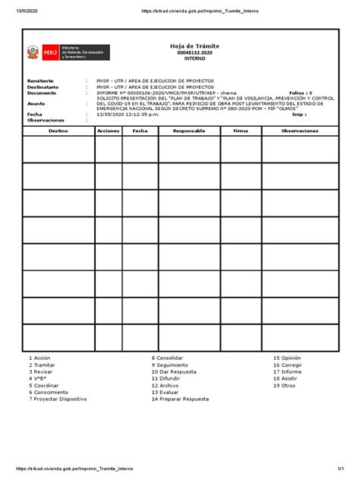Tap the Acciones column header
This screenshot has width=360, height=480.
point(109,131)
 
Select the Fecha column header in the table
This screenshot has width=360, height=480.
point(140,131)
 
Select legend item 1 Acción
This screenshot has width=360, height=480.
point(39,357)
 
